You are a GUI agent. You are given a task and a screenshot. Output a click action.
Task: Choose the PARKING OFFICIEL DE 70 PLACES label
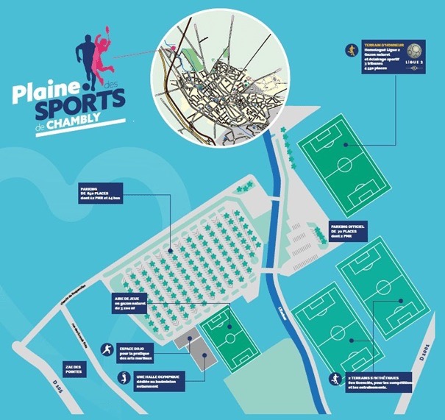point(352,229)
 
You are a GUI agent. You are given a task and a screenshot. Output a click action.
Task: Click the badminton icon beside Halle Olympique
point(124,379)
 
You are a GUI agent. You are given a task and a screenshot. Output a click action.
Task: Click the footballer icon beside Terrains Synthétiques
point(336,380)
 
